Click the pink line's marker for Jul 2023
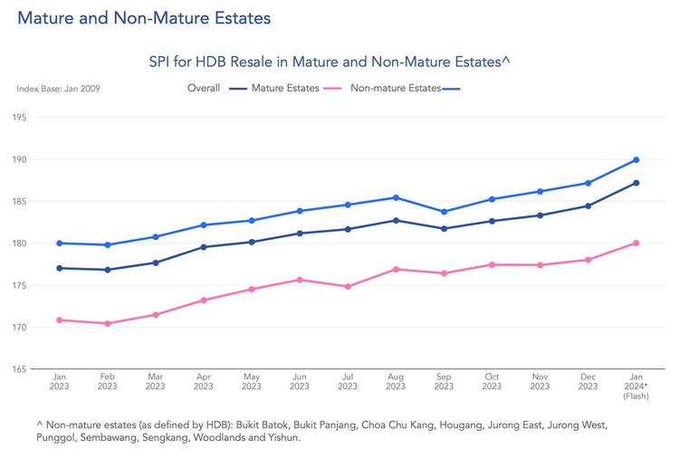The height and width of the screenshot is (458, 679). (x=348, y=286)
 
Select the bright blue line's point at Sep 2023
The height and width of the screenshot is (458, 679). (x=444, y=212)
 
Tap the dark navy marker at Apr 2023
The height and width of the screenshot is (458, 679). (x=204, y=247)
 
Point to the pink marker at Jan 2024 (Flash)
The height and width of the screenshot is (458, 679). (x=636, y=243)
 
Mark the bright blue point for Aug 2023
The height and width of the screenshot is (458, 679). (x=396, y=197)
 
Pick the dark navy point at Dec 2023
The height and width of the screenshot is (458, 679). (x=588, y=206)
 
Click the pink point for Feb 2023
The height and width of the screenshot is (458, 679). (x=108, y=323)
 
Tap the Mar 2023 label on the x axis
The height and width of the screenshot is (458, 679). (x=156, y=381)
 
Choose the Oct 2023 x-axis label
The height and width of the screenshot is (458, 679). (x=492, y=381)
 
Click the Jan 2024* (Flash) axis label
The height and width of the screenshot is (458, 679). (x=636, y=386)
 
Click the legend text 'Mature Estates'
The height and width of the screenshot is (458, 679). (x=285, y=89)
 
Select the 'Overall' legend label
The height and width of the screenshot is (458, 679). (x=204, y=89)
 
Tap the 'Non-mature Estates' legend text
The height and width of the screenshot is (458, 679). (x=395, y=89)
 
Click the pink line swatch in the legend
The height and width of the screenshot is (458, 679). (x=334, y=89)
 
